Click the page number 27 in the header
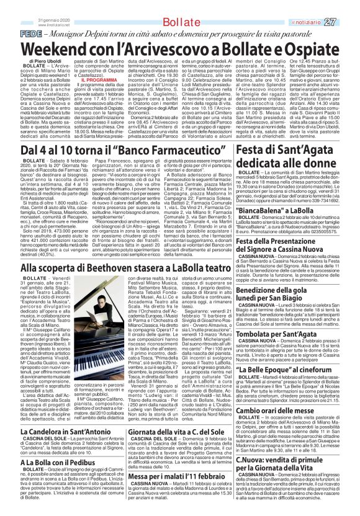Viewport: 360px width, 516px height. point(346,22)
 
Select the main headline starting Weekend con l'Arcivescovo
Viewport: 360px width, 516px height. point(179,47)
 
